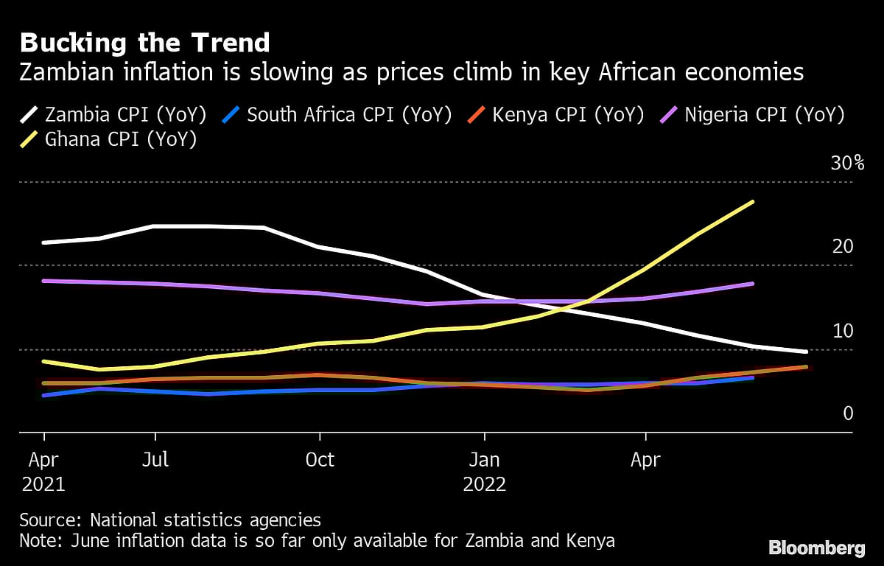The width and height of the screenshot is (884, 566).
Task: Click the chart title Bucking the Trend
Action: click(144, 43)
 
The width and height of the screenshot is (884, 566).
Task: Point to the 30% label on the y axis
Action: click(842, 164)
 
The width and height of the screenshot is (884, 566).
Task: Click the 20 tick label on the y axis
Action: click(843, 246)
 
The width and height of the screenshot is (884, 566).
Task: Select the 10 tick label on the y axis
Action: click(843, 331)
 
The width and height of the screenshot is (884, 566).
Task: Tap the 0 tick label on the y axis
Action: click(848, 413)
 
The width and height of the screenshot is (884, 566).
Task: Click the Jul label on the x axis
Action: click(155, 460)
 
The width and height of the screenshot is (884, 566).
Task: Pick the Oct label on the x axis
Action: click(320, 460)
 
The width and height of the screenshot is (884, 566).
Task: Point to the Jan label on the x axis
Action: click(484, 460)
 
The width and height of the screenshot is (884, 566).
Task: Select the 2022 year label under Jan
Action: click(484, 485)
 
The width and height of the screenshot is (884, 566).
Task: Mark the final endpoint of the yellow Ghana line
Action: click(752, 201)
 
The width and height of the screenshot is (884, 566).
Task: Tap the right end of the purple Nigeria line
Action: click(752, 283)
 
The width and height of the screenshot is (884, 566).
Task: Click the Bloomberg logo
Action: click(816, 548)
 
